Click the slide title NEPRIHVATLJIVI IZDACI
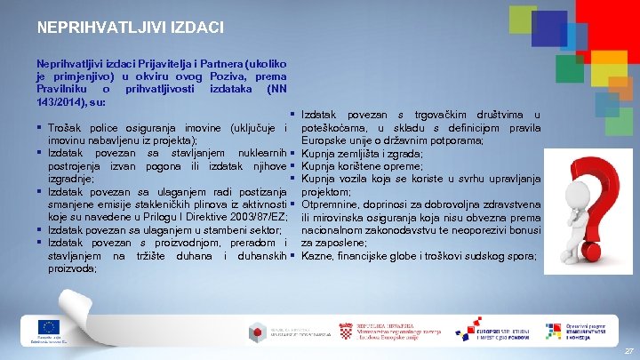tap(130, 28)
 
